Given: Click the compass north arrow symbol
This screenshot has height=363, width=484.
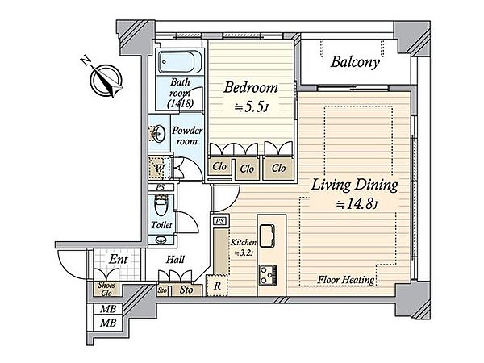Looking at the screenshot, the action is click(106, 78).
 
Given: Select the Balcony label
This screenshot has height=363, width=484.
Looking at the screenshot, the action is click(355, 62).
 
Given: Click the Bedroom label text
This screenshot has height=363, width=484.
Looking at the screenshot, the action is click(251, 88).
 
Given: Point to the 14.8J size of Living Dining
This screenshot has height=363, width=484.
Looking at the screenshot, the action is click(357, 205).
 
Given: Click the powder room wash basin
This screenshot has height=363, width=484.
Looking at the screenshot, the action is click(159, 133).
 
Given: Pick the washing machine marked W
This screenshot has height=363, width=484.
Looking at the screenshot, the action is click(159, 169).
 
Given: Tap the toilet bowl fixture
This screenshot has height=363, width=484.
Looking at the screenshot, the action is click(161, 205).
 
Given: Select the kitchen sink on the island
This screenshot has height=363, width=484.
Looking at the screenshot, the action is click(267, 236).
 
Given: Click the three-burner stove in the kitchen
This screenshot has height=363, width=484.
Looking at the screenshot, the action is click(267, 275).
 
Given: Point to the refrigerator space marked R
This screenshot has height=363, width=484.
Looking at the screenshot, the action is click(217, 286).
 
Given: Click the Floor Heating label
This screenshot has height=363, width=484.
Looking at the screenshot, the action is click(346, 280).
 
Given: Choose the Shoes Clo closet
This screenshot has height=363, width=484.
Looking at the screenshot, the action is click(106, 289).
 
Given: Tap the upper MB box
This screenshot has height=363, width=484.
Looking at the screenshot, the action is click(108, 308).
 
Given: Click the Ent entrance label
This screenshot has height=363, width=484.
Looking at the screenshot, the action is click(118, 260).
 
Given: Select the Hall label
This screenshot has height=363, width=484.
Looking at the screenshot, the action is click(175, 260).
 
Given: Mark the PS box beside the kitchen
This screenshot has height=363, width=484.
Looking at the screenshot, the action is click(219, 221).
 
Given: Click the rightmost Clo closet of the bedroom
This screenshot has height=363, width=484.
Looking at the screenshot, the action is click(278, 169).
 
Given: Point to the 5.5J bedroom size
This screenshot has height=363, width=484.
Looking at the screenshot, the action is click(251, 107).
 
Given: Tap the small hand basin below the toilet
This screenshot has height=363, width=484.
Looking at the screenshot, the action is click(161, 240).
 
